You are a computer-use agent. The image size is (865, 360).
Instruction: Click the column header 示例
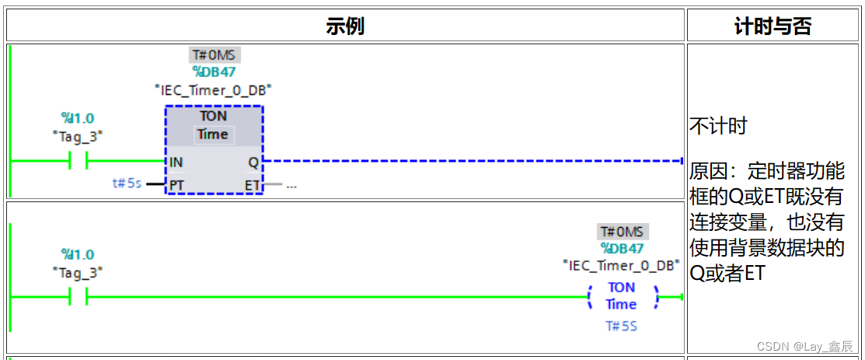[345, 26]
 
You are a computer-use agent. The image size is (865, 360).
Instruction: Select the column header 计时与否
[773, 26]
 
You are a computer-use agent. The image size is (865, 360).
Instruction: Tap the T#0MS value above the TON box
[215, 55]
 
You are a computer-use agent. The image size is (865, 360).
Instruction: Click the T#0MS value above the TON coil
[623, 232]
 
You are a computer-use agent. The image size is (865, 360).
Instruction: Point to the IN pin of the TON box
[176, 162]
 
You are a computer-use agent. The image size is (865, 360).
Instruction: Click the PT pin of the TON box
[176, 185]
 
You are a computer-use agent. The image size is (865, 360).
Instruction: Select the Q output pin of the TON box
[254, 162]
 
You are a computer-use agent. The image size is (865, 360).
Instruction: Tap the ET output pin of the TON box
[253, 185]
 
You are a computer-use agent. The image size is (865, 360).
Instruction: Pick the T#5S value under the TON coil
[622, 326]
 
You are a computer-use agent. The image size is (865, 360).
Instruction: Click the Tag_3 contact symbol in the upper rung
[78, 162]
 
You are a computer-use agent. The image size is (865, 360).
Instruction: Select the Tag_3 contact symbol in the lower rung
[78, 296]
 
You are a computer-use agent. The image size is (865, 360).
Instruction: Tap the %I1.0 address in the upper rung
[78, 118]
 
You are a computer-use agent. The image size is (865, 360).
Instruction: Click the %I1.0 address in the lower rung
[78, 254]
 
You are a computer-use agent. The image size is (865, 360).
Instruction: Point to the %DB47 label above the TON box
[215, 72]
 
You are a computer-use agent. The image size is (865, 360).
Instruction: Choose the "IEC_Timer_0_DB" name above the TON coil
[622, 266]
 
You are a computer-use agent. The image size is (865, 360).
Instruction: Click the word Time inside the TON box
[213, 135]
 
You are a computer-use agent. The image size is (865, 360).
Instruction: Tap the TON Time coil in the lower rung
[622, 296]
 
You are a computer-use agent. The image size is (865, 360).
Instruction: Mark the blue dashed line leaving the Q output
[474, 162]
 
